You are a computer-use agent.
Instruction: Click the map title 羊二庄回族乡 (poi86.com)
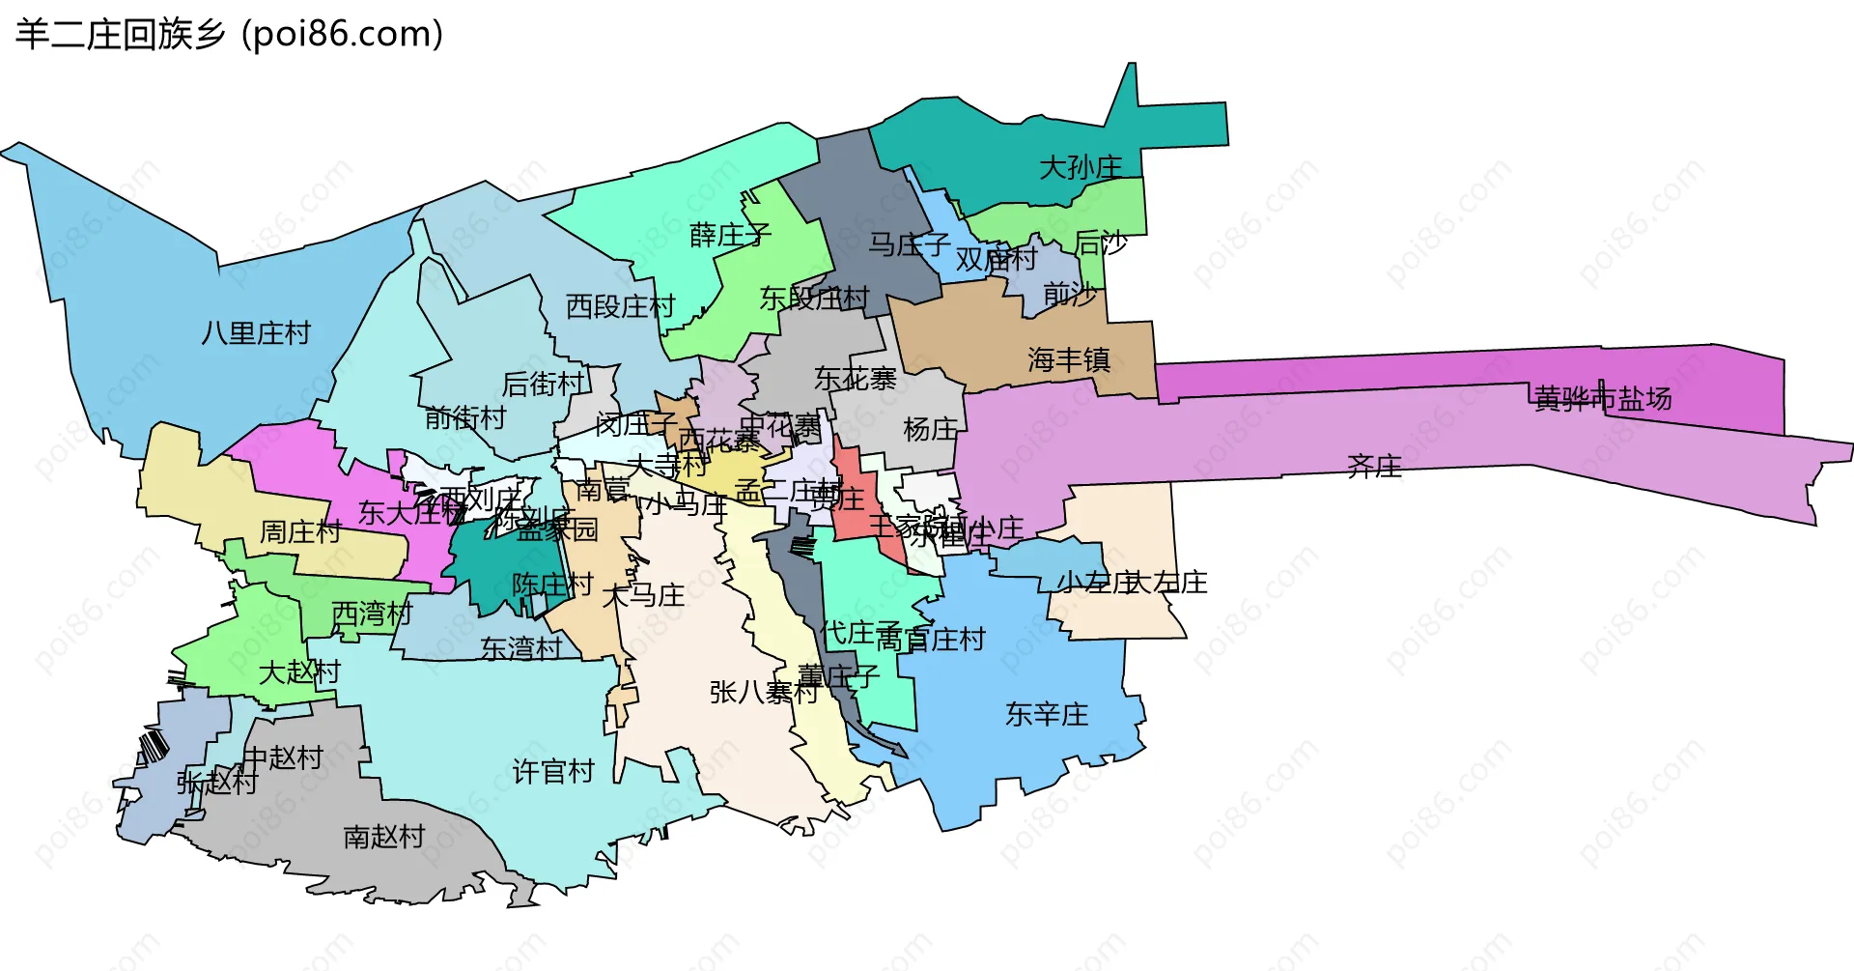point(229,34)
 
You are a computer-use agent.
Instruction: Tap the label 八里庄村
point(256,333)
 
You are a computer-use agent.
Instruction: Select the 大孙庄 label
point(1081,168)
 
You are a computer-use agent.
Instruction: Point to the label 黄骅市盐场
point(1603,398)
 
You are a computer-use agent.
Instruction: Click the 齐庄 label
point(1374,468)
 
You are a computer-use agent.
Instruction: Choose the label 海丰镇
point(1069,360)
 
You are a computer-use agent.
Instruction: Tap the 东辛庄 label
point(1047,714)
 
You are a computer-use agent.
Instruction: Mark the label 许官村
point(553,771)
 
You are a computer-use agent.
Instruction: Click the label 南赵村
point(384,836)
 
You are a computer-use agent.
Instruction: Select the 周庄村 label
point(300,531)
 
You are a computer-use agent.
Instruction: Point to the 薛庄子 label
point(730,235)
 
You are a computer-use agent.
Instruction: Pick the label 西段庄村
point(620,306)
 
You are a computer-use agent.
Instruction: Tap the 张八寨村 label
point(763,692)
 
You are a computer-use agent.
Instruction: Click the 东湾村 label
point(521,648)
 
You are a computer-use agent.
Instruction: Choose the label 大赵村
point(299,671)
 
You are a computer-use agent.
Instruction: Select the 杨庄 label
point(930,429)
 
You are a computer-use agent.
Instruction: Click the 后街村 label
point(544,385)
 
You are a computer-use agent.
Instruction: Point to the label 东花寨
point(855,379)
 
